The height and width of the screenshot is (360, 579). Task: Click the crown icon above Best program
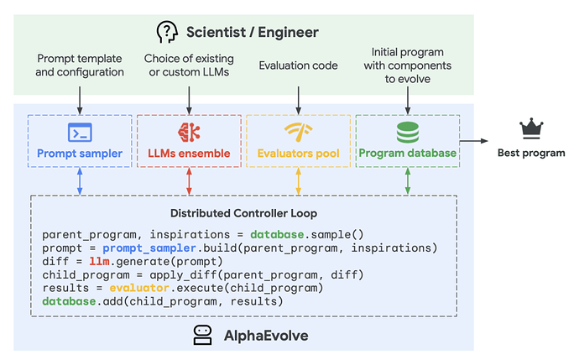531,128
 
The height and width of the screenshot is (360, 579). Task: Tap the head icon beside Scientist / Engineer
167,32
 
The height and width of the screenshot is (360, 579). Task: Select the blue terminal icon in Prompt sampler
80,133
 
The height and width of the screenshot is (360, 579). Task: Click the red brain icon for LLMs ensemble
189,133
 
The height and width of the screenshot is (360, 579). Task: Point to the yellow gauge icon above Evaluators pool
299,133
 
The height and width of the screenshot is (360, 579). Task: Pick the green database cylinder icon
408,133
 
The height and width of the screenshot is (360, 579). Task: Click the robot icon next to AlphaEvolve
203,335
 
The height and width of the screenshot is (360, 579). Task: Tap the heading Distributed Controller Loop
243,213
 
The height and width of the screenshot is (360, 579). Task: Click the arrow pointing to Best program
474,141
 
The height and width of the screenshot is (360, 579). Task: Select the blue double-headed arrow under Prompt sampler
80,181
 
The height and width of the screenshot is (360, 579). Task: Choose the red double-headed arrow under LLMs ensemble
189,181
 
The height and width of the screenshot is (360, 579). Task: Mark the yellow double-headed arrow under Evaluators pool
299,181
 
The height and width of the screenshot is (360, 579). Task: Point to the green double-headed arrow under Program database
408,181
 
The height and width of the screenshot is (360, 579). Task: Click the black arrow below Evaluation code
299,101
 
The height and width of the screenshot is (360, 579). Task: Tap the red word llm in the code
99,262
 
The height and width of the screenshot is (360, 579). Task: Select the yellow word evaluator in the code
139,288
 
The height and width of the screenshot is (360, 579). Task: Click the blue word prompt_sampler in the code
149,248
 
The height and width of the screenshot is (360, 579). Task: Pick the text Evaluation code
299,65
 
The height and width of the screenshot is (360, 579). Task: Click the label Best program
531,153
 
